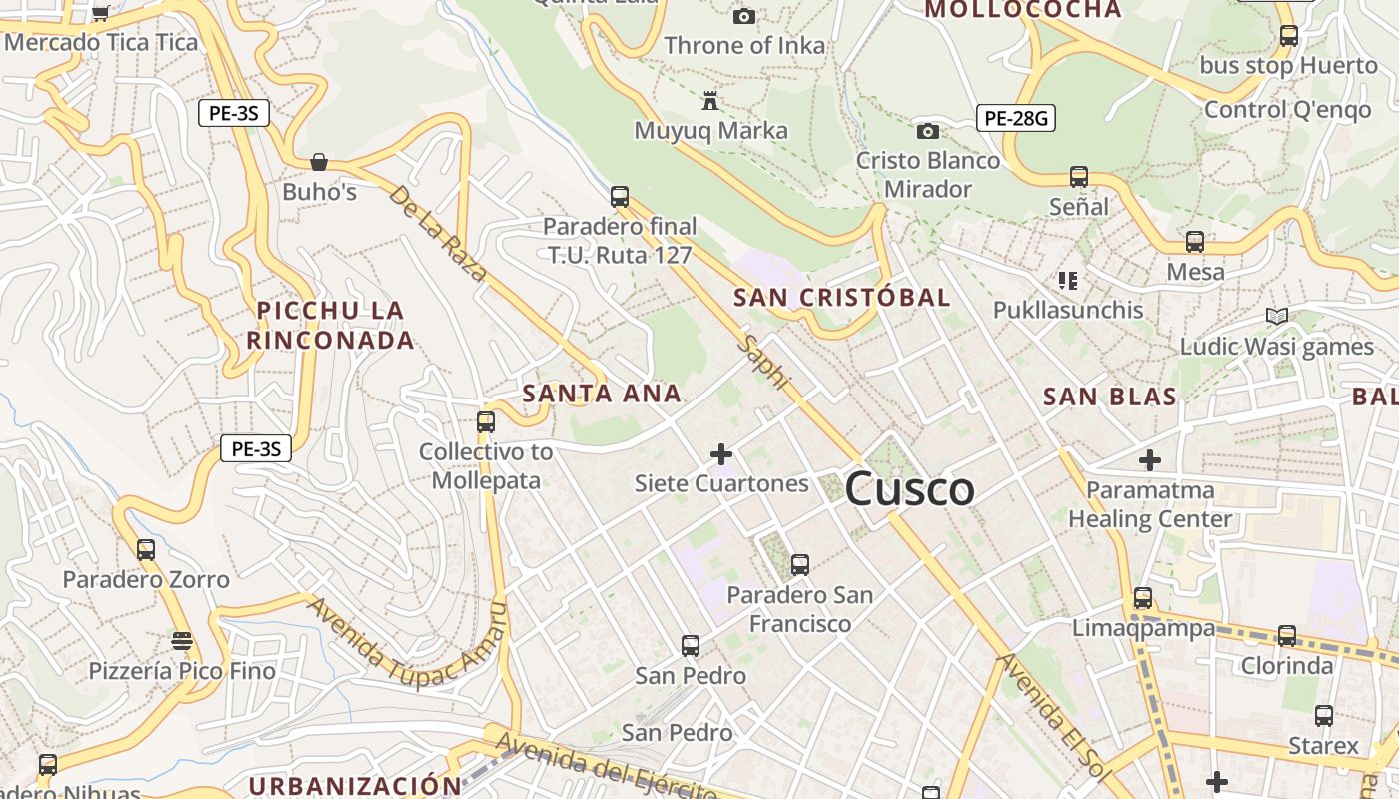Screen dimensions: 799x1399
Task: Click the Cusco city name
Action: tap(909, 489)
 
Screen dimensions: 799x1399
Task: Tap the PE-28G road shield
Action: tap(1015, 118)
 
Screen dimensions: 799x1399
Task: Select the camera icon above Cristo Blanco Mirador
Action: tap(928, 131)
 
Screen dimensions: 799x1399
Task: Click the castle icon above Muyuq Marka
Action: tap(710, 101)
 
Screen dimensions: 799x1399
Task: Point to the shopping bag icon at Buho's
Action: tap(319, 162)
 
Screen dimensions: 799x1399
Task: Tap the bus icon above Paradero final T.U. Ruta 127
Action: tap(620, 196)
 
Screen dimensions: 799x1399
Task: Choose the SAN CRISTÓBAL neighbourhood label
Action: tap(841, 297)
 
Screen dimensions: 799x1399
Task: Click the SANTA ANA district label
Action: tap(602, 394)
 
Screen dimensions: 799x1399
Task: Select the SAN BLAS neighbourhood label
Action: tap(1110, 397)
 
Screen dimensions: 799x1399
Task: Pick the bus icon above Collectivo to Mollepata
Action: tap(486, 421)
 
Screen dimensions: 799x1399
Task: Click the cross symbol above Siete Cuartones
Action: tap(720, 455)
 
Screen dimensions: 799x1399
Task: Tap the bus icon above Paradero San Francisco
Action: tap(799, 565)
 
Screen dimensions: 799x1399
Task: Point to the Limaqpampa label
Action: tap(1143, 628)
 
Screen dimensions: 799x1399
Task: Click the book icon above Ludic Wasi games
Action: tap(1276, 317)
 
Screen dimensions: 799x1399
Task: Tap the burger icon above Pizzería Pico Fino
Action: tap(181, 640)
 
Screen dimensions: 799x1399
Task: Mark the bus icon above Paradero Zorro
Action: tap(146, 549)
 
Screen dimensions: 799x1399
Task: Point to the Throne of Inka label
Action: tap(744, 45)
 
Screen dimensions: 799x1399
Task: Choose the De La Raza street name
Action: tap(437, 233)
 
